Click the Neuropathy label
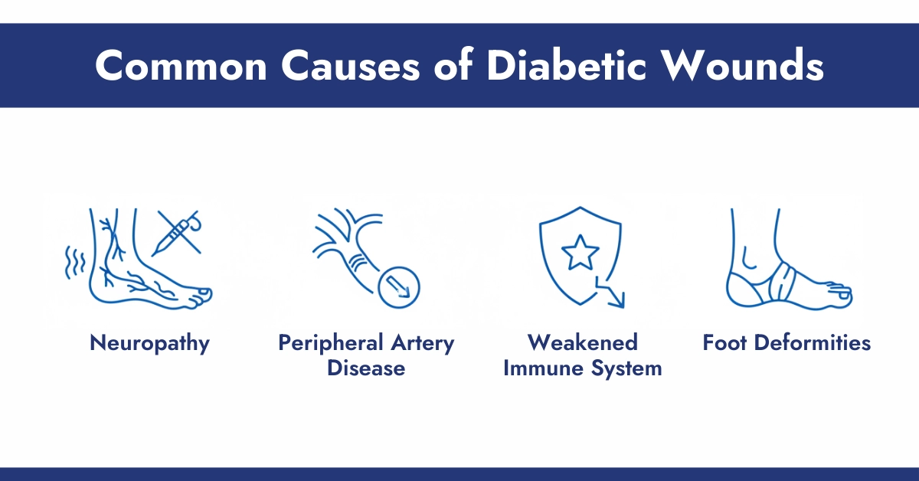tap(149, 343)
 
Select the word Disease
tap(366, 368)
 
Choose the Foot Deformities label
tap(787, 343)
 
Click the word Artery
tap(426, 343)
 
